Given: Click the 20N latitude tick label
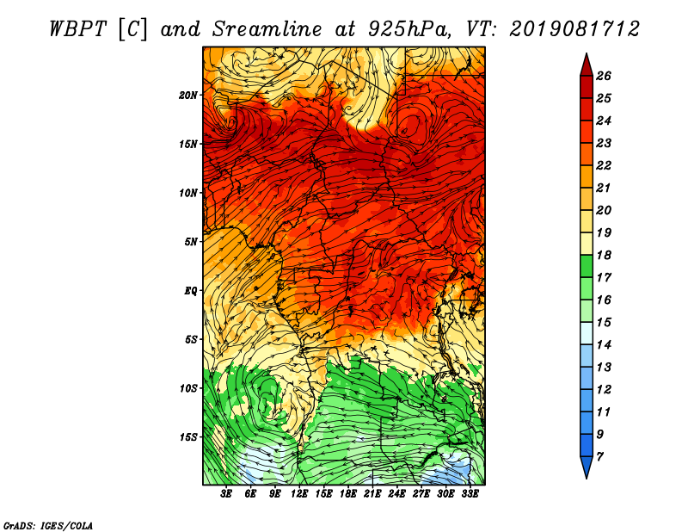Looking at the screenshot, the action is coord(188,96).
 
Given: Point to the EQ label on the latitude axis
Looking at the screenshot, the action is coord(191,291).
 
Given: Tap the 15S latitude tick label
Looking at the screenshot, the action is coord(188,437).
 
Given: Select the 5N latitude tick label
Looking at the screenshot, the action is coord(191,242).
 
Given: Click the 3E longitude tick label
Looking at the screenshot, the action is coord(226,494).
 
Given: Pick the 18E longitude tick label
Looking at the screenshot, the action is coord(348,494).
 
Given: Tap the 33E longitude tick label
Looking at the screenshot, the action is coord(470,494).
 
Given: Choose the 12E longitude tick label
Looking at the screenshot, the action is coord(299,494).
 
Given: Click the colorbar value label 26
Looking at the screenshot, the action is coord(604,76).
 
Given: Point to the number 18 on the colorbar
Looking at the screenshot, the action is coord(604,255).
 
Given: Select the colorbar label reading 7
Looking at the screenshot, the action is coord(600,457).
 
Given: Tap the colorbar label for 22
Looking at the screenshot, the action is coord(604,165).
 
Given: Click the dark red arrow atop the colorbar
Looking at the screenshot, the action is coord(587,65).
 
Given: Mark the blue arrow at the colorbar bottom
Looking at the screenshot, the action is coord(587,467).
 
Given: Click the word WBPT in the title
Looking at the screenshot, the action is coord(77,29).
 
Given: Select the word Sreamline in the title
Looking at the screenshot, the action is coord(267,29).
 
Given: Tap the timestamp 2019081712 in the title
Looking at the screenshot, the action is coord(574,29).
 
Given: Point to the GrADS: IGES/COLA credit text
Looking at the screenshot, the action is coord(48,526).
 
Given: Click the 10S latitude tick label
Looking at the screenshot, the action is coord(188,388).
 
